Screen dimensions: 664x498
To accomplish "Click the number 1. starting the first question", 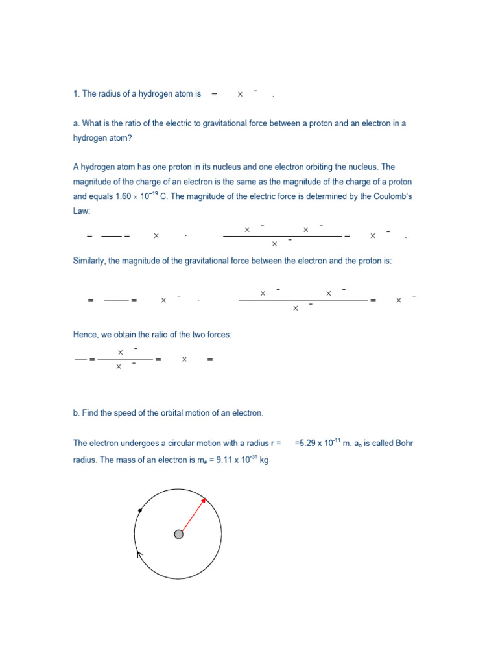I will [x=76, y=95].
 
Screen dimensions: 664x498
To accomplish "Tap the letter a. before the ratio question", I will [x=76, y=123].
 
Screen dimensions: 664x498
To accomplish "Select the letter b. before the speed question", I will [x=76, y=413].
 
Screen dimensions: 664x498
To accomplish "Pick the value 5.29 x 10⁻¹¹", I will [x=319, y=444].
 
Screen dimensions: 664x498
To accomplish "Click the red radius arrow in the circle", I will [x=193, y=516].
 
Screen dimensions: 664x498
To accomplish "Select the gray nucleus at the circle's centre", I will [x=179, y=534].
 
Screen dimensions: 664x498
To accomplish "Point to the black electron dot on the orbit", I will [x=140, y=511].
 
